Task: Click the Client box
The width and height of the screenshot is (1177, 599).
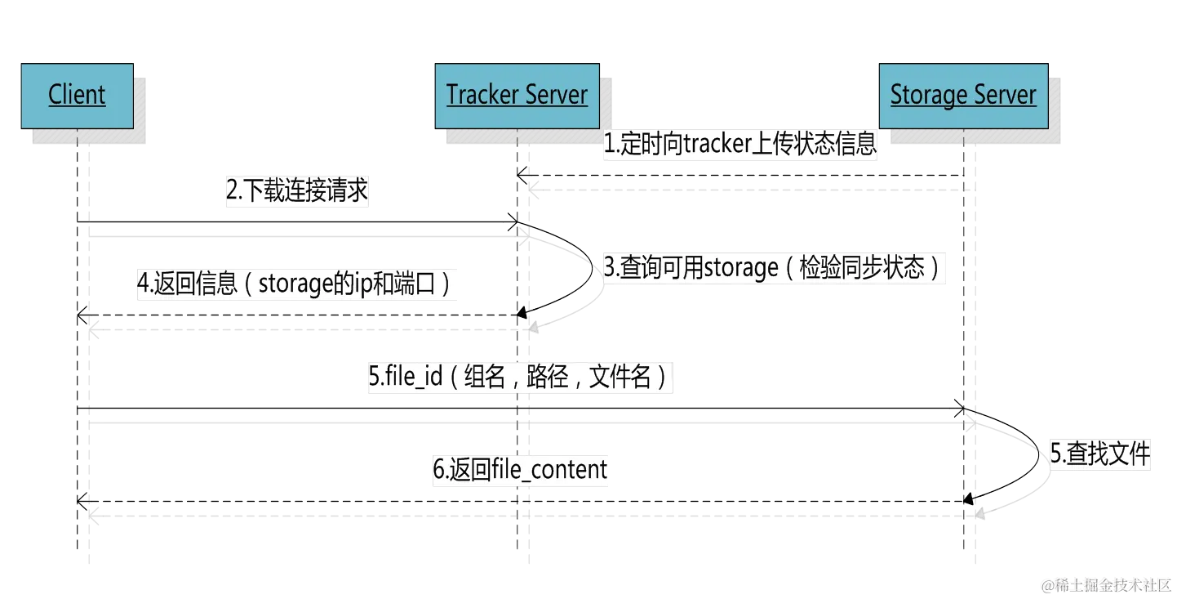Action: pyautogui.click(x=77, y=95)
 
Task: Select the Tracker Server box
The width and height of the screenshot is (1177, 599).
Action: pyautogui.click(x=516, y=95)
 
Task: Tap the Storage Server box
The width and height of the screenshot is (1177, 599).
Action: pyautogui.click(x=962, y=95)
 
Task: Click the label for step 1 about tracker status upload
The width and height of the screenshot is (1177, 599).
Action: pyautogui.click(x=740, y=145)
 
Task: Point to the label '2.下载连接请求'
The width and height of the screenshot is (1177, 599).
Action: pyautogui.click(x=297, y=191)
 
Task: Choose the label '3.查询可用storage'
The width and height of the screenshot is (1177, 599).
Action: pyautogui.click(x=774, y=268)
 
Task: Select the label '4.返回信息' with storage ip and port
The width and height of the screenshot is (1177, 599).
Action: pyautogui.click(x=295, y=284)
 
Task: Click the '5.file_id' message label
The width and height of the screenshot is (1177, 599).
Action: pyautogui.click(x=522, y=378)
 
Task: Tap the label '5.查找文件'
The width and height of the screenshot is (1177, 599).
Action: pyautogui.click(x=1099, y=454)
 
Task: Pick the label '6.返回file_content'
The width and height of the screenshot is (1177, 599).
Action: pyautogui.click(x=522, y=470)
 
